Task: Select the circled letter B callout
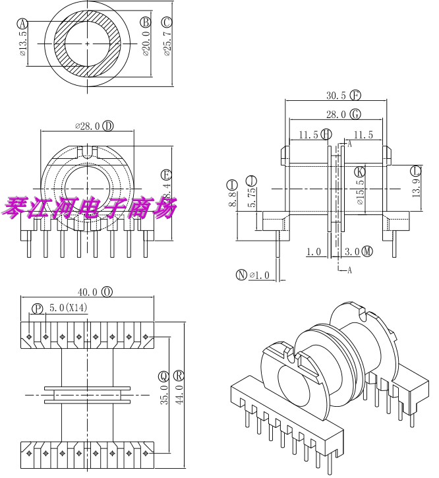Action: click(x=146, y=22)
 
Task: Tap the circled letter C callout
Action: click(x=167, y=22)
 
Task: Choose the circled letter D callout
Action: click(x=107, y=125)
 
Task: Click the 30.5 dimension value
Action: click(x=336, y=95)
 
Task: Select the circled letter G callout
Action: click(x=356, y=114)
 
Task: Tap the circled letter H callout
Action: click(x=326, y=134)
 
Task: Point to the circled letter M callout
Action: click(x=367, y=251)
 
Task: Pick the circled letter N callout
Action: click(x=241, y=276)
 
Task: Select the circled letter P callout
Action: click(x=37, y=308)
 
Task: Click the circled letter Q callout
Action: click(x=163, y=376)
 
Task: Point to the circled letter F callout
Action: click(x=356, y=95)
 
